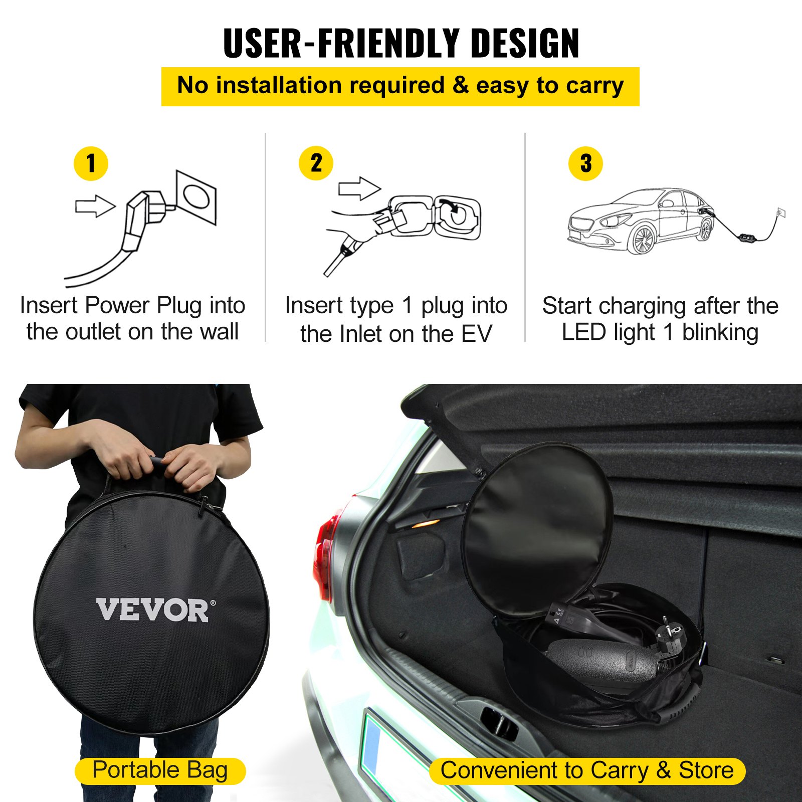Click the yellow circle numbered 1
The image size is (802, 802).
coord(91,163)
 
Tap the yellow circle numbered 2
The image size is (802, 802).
coord(316,163)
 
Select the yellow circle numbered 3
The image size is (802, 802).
coord(585,163)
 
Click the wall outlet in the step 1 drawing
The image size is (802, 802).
coord(196,197)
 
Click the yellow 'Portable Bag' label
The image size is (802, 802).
coord(160,771)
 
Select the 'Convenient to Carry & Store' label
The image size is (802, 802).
coord(587,771)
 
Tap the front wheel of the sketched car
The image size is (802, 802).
coord(643,240)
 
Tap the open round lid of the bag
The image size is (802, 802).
coord(536,521)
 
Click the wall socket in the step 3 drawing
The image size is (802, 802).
coord(780,212)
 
